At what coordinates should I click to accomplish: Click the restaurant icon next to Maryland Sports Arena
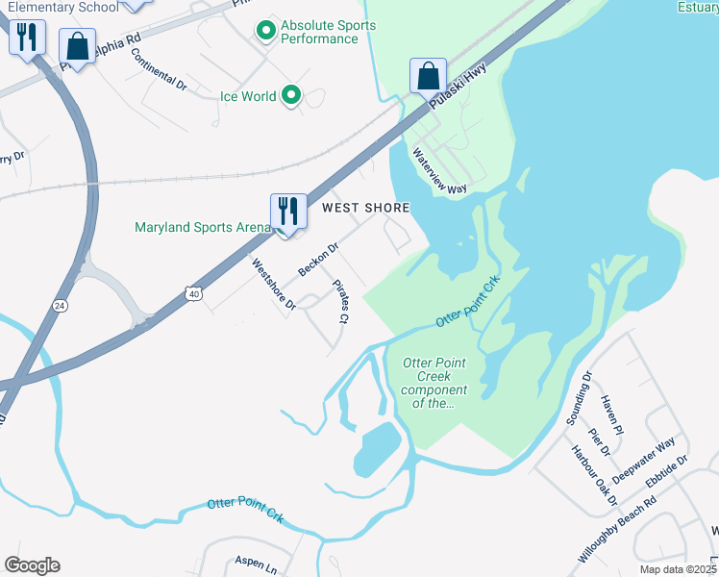pos(287,210)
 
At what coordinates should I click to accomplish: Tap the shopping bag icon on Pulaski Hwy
pos(428,75)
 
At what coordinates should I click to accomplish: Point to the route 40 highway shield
pos(194,292)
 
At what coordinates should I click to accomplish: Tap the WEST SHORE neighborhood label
pos(365,208)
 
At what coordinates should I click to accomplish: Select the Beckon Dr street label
pos(319,260)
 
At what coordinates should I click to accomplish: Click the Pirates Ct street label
pos(339,301)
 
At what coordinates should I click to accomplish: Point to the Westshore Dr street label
pos(273,284)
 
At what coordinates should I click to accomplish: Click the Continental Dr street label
pos(159,71)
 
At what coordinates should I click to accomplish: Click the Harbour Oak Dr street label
pos(591,478)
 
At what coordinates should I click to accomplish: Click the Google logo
pos(32,565)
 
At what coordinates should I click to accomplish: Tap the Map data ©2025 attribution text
pos(678,569)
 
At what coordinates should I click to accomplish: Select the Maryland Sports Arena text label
pos(202,227)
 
